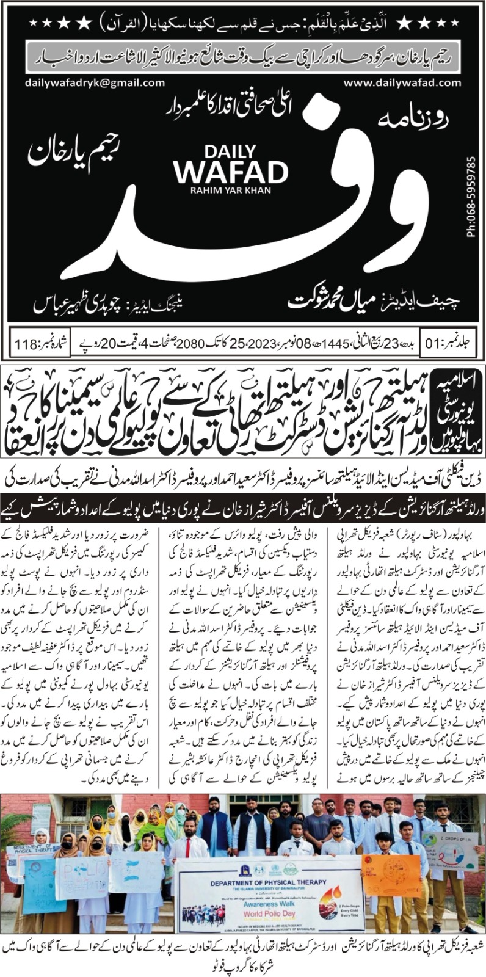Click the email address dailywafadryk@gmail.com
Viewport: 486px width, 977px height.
point(87,82)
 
